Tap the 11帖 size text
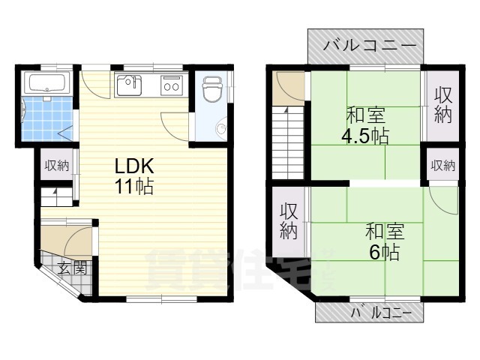point(134,187)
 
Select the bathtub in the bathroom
point(46,82)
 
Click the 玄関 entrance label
point(73,267)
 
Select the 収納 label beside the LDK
point(57,166)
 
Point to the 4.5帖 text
point(365,137)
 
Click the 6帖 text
point(384,251)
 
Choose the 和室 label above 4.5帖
point(365,116)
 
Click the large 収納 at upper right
point(443,106)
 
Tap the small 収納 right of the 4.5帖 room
point(442,165)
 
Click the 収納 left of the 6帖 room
point(289,221)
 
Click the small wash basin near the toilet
point(221,129)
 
